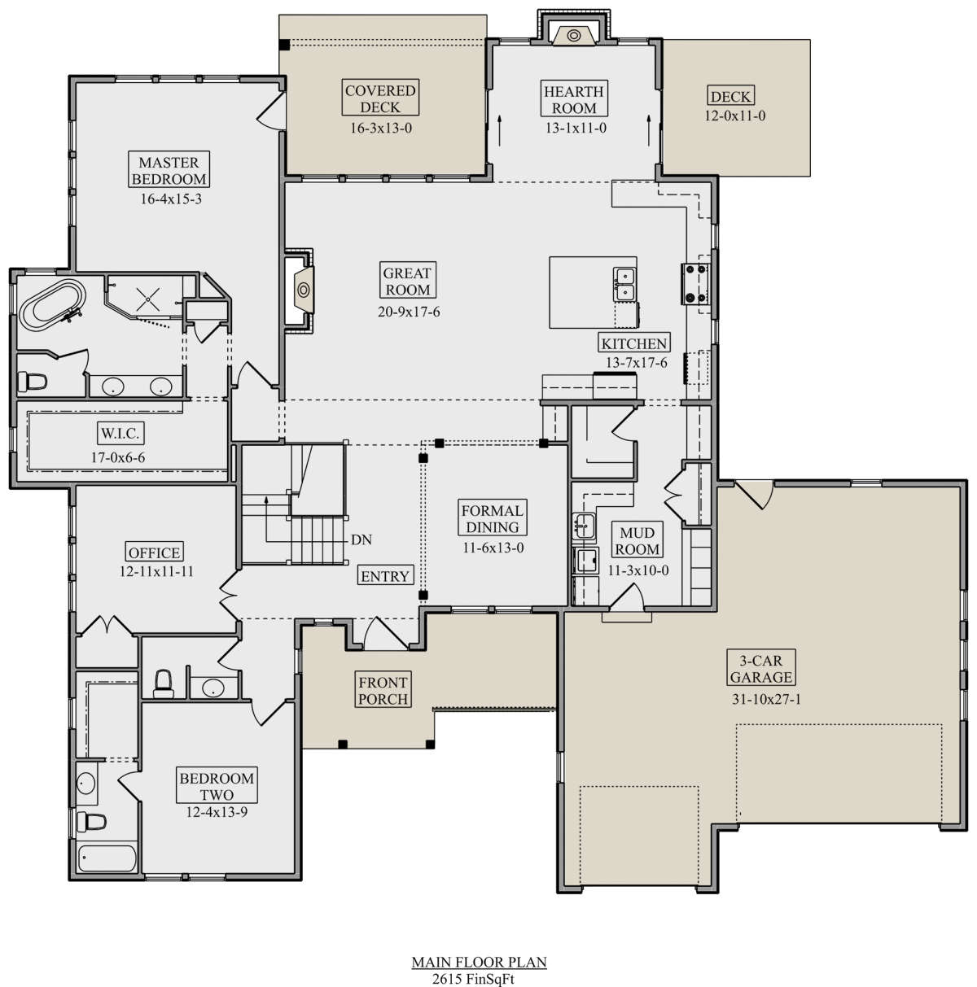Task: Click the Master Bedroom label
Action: (169, 171)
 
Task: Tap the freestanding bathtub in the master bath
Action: (52, 305)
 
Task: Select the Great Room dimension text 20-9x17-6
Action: (409, 312)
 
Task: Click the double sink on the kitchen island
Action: (624, 284)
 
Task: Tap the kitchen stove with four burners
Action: (695, 283)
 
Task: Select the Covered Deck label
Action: (380, 98)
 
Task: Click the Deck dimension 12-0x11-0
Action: (735, 116)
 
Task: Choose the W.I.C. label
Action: (120, 434)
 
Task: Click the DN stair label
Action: (361, 539)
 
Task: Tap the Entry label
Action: (385, 576)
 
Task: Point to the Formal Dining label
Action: (492, 518)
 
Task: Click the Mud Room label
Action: (637, 541)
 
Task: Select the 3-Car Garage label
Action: (761, 669)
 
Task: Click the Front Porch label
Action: (383, 691)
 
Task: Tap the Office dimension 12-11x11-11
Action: (156, 571)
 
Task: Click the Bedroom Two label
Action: (217, 786)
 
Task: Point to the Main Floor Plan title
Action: (480, 963)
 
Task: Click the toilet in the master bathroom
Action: (33, 381)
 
